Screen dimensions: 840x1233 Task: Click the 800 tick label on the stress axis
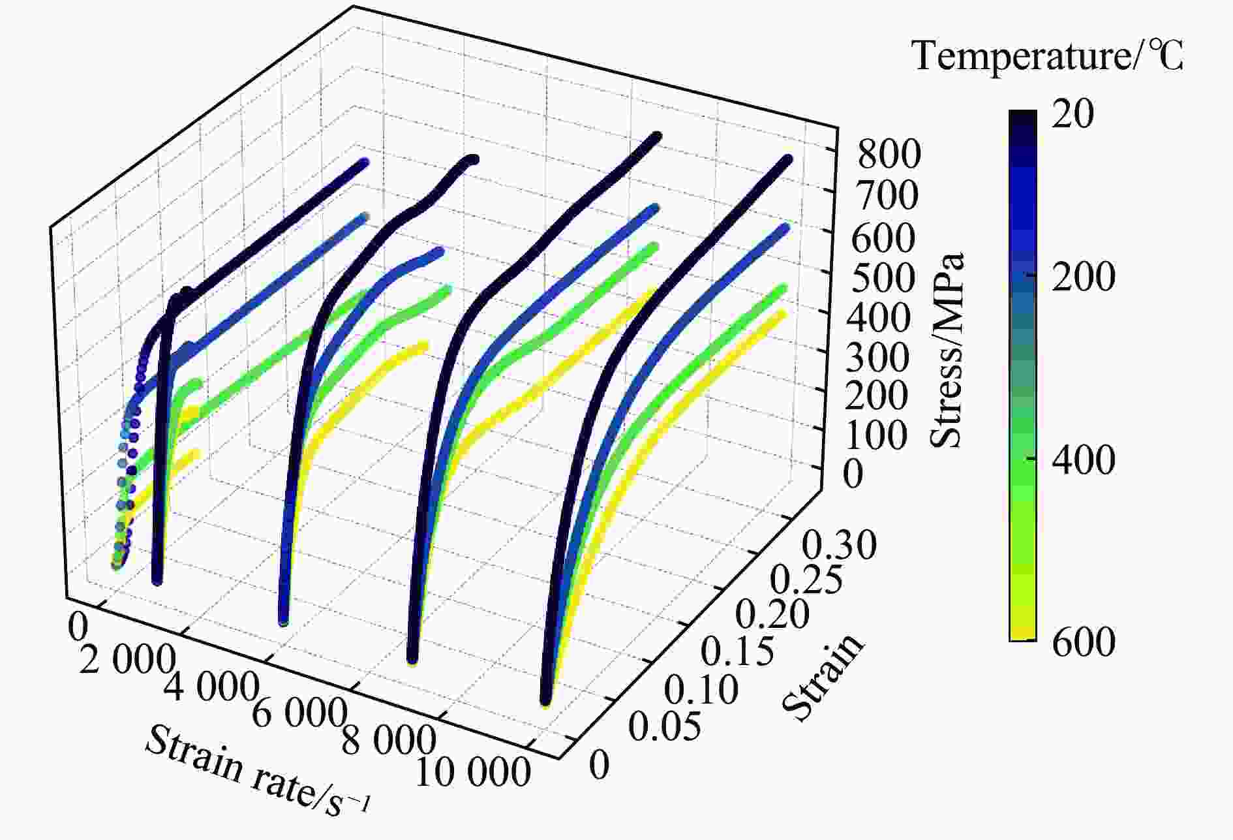click(x=889, y=155)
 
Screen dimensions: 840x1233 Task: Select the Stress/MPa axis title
click(x=947, y=350)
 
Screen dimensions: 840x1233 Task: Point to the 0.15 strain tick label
click(x=737, y=651)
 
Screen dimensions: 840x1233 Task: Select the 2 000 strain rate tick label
click(x=127, y=661)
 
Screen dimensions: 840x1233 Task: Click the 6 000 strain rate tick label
click(x=297, y=713)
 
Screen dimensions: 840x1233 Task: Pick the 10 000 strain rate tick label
click(x=472, y=773)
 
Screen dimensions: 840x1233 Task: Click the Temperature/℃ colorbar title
click(x=1048, y=55)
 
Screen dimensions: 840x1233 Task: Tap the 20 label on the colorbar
click(x=1073, y=115)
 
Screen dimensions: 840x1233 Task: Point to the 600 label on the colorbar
click(x=1084, y=642)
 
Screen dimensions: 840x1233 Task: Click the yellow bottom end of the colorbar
click(x=1022, y=636)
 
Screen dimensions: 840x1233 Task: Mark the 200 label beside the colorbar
click(x=1084, y=277)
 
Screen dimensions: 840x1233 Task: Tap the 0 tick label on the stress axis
click(x=853, y=474)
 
